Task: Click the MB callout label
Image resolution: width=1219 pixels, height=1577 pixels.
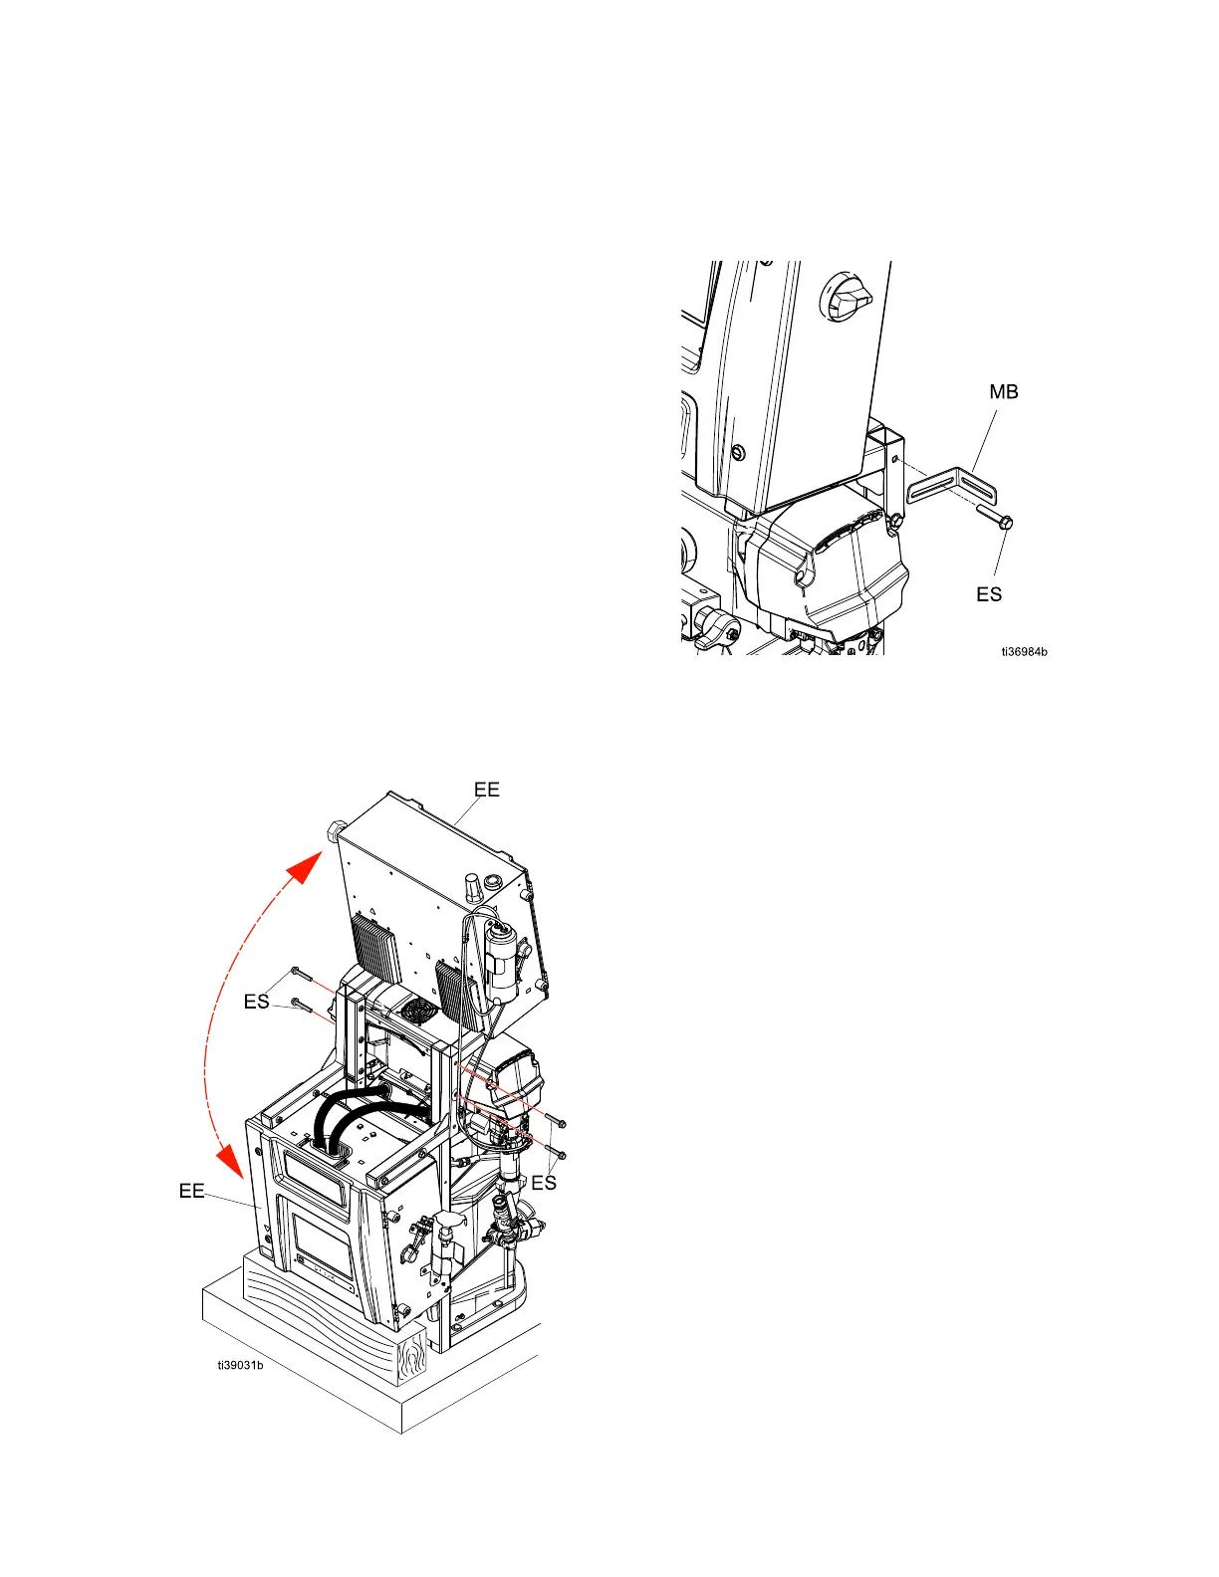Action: [x=1003, y=392]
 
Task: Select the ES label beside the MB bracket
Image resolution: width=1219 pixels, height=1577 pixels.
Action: [x=988, y=594]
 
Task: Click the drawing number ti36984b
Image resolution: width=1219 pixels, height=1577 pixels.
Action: [x=1024, y=652]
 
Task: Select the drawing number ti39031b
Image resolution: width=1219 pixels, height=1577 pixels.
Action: [x=241, y=1364]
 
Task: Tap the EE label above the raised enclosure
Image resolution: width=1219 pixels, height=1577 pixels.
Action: [x=486, y=789]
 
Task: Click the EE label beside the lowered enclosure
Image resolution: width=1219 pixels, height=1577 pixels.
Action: [x=191, y=1191]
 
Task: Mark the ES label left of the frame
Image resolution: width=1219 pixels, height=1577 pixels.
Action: [x=256, y=1002]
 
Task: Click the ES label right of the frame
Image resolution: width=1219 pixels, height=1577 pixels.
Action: [x=543, y=1183]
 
